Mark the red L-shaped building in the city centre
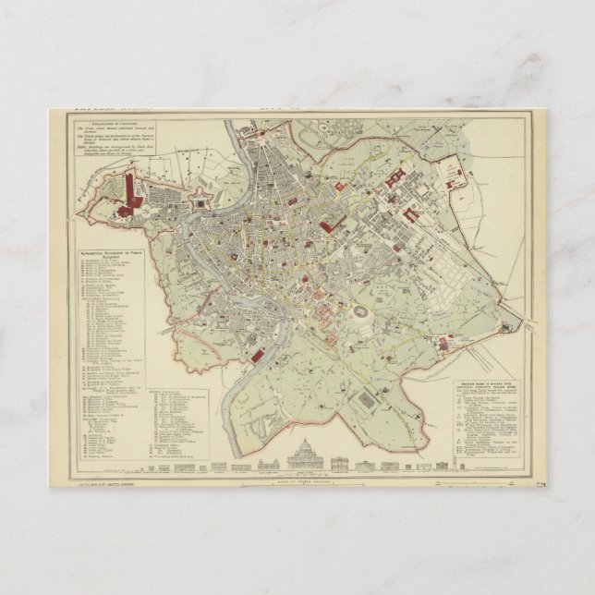331,225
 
